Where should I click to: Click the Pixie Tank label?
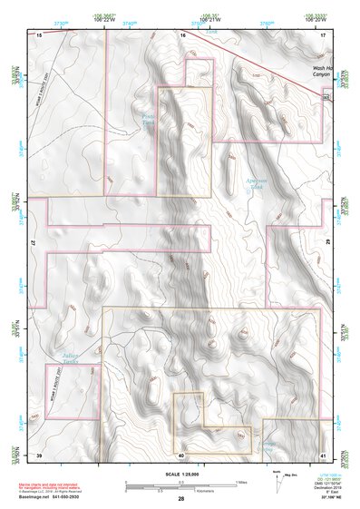point(149,119)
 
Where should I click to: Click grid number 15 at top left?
point(39,34)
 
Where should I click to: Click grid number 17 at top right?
point(324,34)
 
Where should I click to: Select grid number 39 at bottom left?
point(39,455)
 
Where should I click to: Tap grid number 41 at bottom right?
point(324,455)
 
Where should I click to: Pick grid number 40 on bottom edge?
point(181,455)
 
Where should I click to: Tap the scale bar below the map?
point(181,485)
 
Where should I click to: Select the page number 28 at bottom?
point(181,499)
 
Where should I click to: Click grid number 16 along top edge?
point(181,34)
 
